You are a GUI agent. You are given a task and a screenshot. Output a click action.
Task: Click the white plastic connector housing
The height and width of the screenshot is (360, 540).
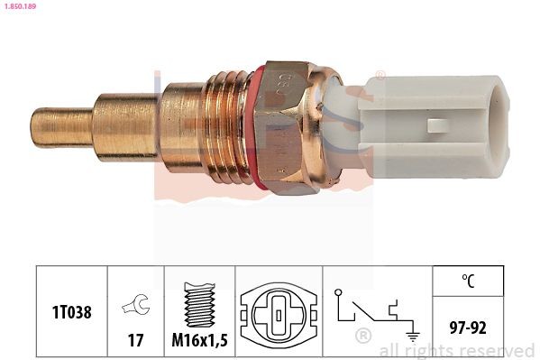433,125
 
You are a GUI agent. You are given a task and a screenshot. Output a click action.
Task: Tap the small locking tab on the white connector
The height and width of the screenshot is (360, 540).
438,126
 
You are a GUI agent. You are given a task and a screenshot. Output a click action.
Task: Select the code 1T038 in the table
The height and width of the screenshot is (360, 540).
71,311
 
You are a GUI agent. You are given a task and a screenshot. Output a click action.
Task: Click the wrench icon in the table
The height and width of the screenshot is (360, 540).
136,306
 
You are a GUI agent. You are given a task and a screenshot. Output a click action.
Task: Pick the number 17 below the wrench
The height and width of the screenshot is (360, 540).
136,342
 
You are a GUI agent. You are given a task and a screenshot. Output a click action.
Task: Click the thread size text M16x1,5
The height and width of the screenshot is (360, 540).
200,342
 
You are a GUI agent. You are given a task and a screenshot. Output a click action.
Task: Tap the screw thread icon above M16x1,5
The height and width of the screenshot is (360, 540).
200,302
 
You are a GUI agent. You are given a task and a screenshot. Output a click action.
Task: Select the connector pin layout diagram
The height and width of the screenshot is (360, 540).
280,316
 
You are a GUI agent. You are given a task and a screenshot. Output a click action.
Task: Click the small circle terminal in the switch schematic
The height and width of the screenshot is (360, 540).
337,293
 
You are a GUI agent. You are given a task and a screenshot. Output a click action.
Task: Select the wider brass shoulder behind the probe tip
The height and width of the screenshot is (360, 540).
126,128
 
